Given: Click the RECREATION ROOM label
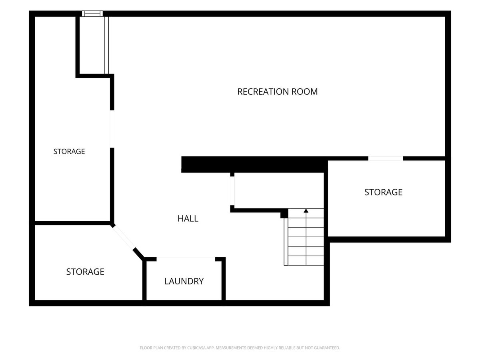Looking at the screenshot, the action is pyautogui.click(x=277, y=92).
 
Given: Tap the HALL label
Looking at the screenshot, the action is pyautogui.click(x=188, y=218).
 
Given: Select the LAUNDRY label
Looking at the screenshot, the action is pyautogui.click(x=184, y=281).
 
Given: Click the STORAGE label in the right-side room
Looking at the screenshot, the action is pyautogui.click(x=383, y=192).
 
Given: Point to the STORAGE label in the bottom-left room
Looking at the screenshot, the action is pyautogui.click(x=85, y=272).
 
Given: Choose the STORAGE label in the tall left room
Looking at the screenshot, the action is pyautogui.click(x=69, y=151).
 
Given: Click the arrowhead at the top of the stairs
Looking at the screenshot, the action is pyautogui.click(x=306, y=211).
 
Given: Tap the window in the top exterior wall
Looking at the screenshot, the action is pyautogui.click(x=92, y=14).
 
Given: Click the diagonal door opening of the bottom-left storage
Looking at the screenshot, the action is pyautogui.click(x=124, y=237).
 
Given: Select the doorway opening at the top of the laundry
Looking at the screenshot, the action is pyautogui.click(x=186, y=259).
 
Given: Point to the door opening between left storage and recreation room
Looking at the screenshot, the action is pyautogui.click(x=112, y=129).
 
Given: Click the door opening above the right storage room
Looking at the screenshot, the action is pyautogui.click(x=386, y=158).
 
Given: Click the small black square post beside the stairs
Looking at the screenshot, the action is pyautogui.click(x=284, y=213).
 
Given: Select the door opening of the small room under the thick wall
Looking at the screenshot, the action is pyautogui.click(x=232, y=191).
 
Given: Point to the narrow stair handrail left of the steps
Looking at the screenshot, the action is pyautogui.click(x=286, y=242).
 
